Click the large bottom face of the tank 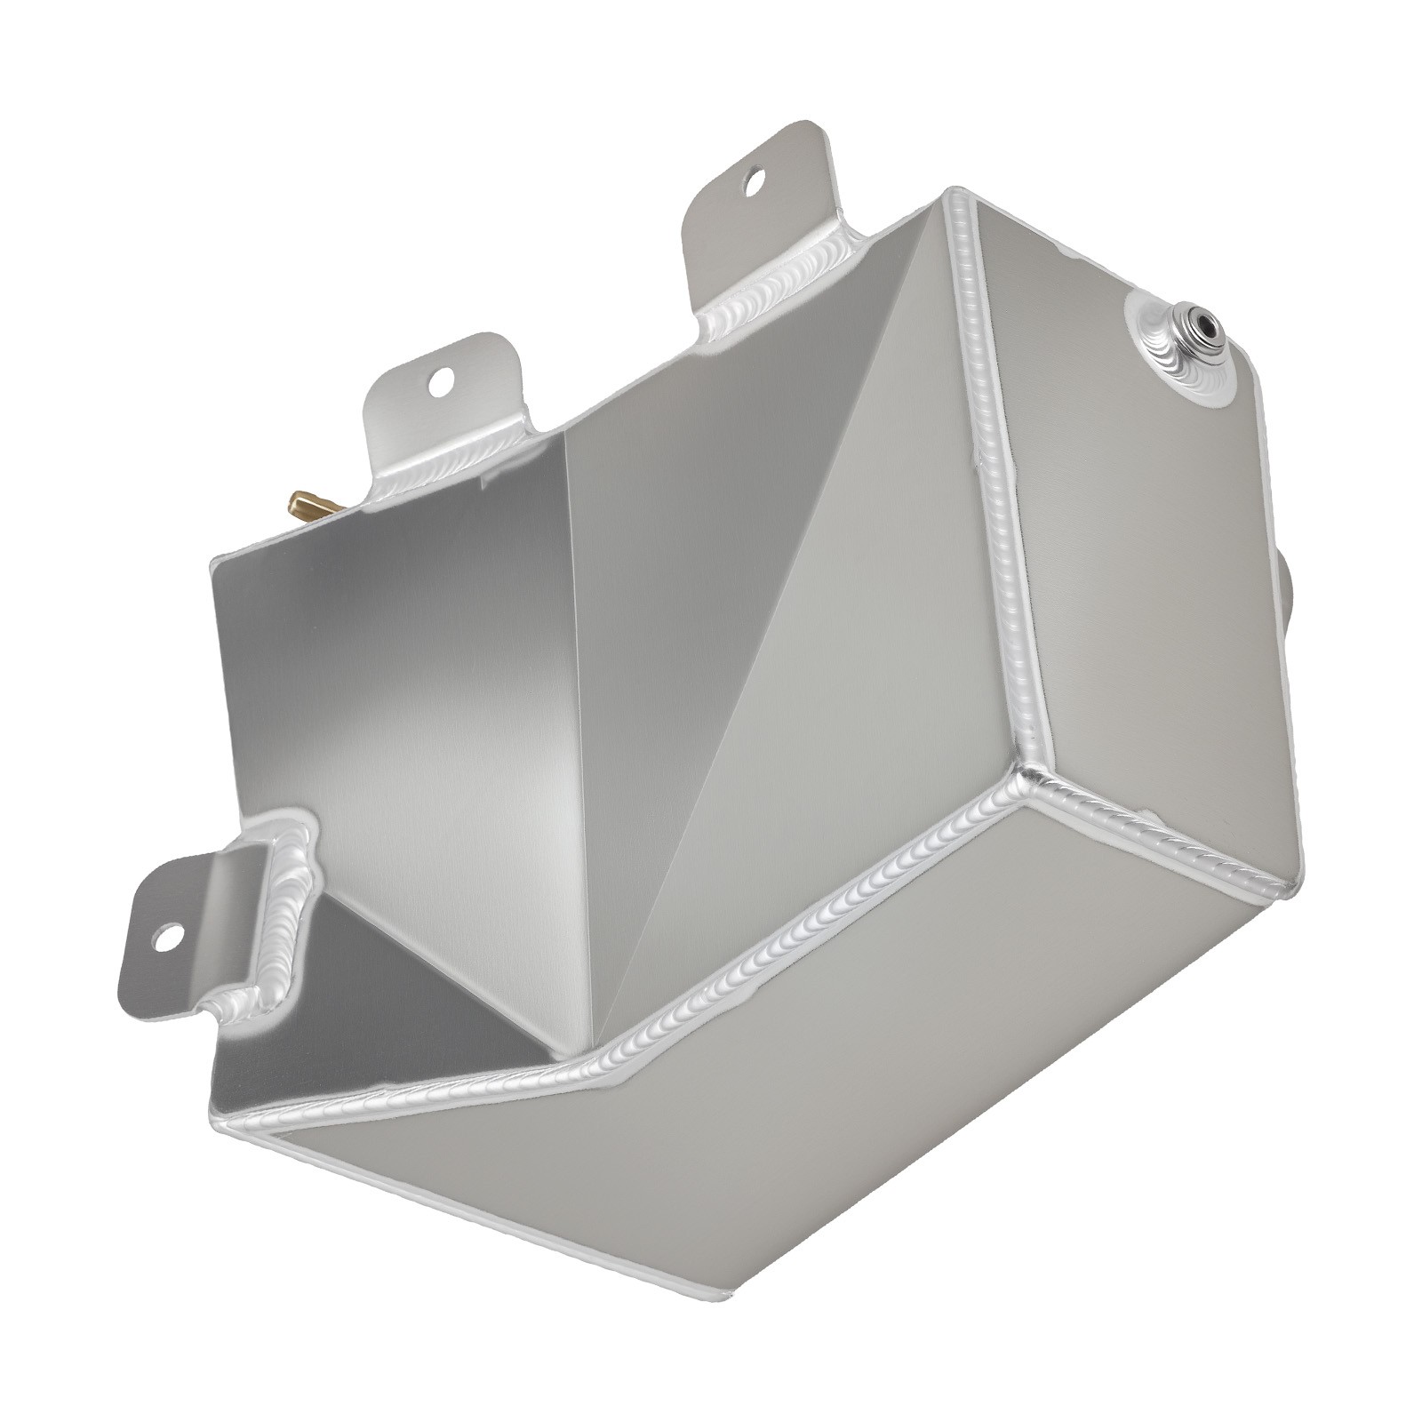[800, 1111]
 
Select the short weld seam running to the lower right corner [1164, 853]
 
